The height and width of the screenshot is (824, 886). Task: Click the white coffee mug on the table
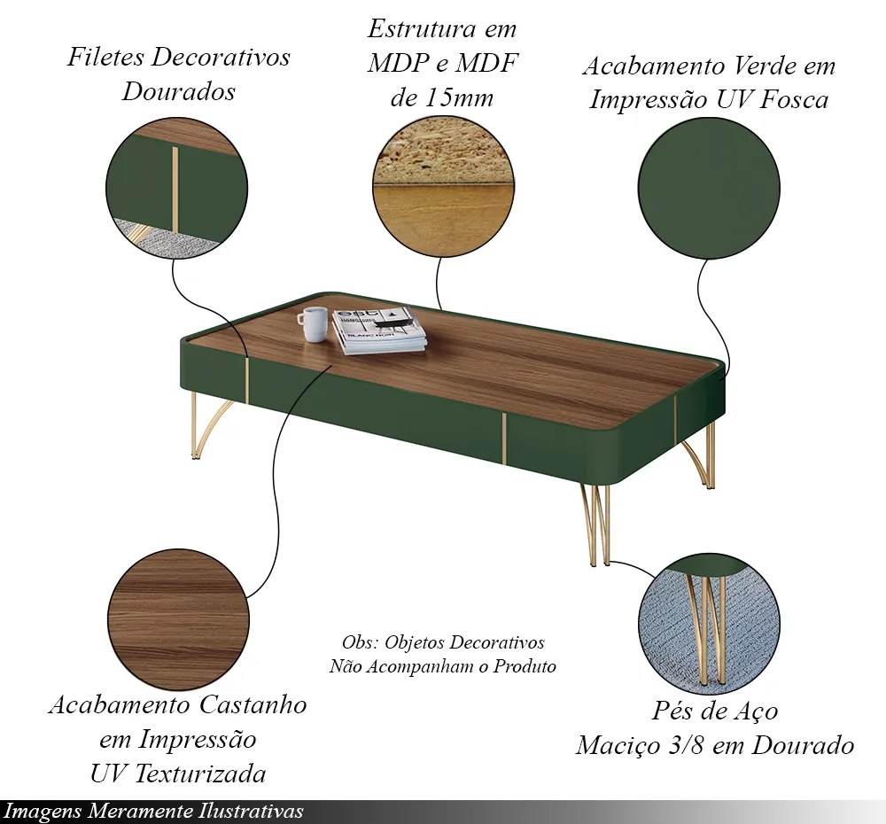click(x=313, y=324)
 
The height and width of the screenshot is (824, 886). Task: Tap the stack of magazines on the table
click(x=378, y=330)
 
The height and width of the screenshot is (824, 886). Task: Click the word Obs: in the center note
click(x=360, y=642)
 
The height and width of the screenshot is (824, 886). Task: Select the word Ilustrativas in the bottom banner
click(x=251, y=812)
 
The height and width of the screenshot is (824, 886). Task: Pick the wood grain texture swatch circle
click(x=178, y=620)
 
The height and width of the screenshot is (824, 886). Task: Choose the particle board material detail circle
click(x=443, y=185)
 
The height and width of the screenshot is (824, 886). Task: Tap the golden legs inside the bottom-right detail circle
click(x=707, y=628)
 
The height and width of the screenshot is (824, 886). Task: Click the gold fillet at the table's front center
click(x=503, y=438)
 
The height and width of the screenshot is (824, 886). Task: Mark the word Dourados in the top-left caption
click(x=179, y=91)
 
